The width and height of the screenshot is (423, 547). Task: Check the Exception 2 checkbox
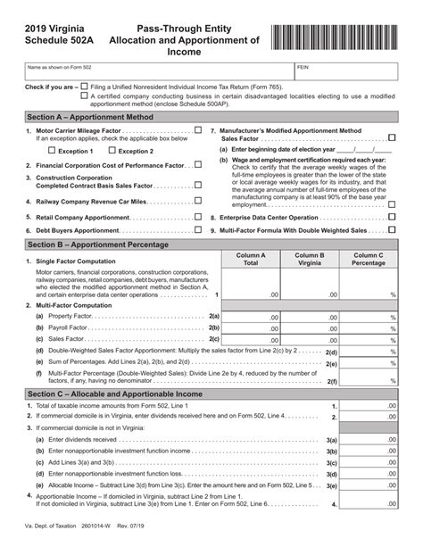click(x=112, y=151)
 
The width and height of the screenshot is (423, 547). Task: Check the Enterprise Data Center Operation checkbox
click(x=393, y=217)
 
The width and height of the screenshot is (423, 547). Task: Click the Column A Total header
click(x=251, y=260)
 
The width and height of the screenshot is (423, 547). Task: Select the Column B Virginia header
click(x=310, y=260)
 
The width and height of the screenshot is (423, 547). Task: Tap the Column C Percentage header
click(x=369, y=260)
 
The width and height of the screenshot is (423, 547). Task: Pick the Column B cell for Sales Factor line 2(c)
click(x=310, y=339)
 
